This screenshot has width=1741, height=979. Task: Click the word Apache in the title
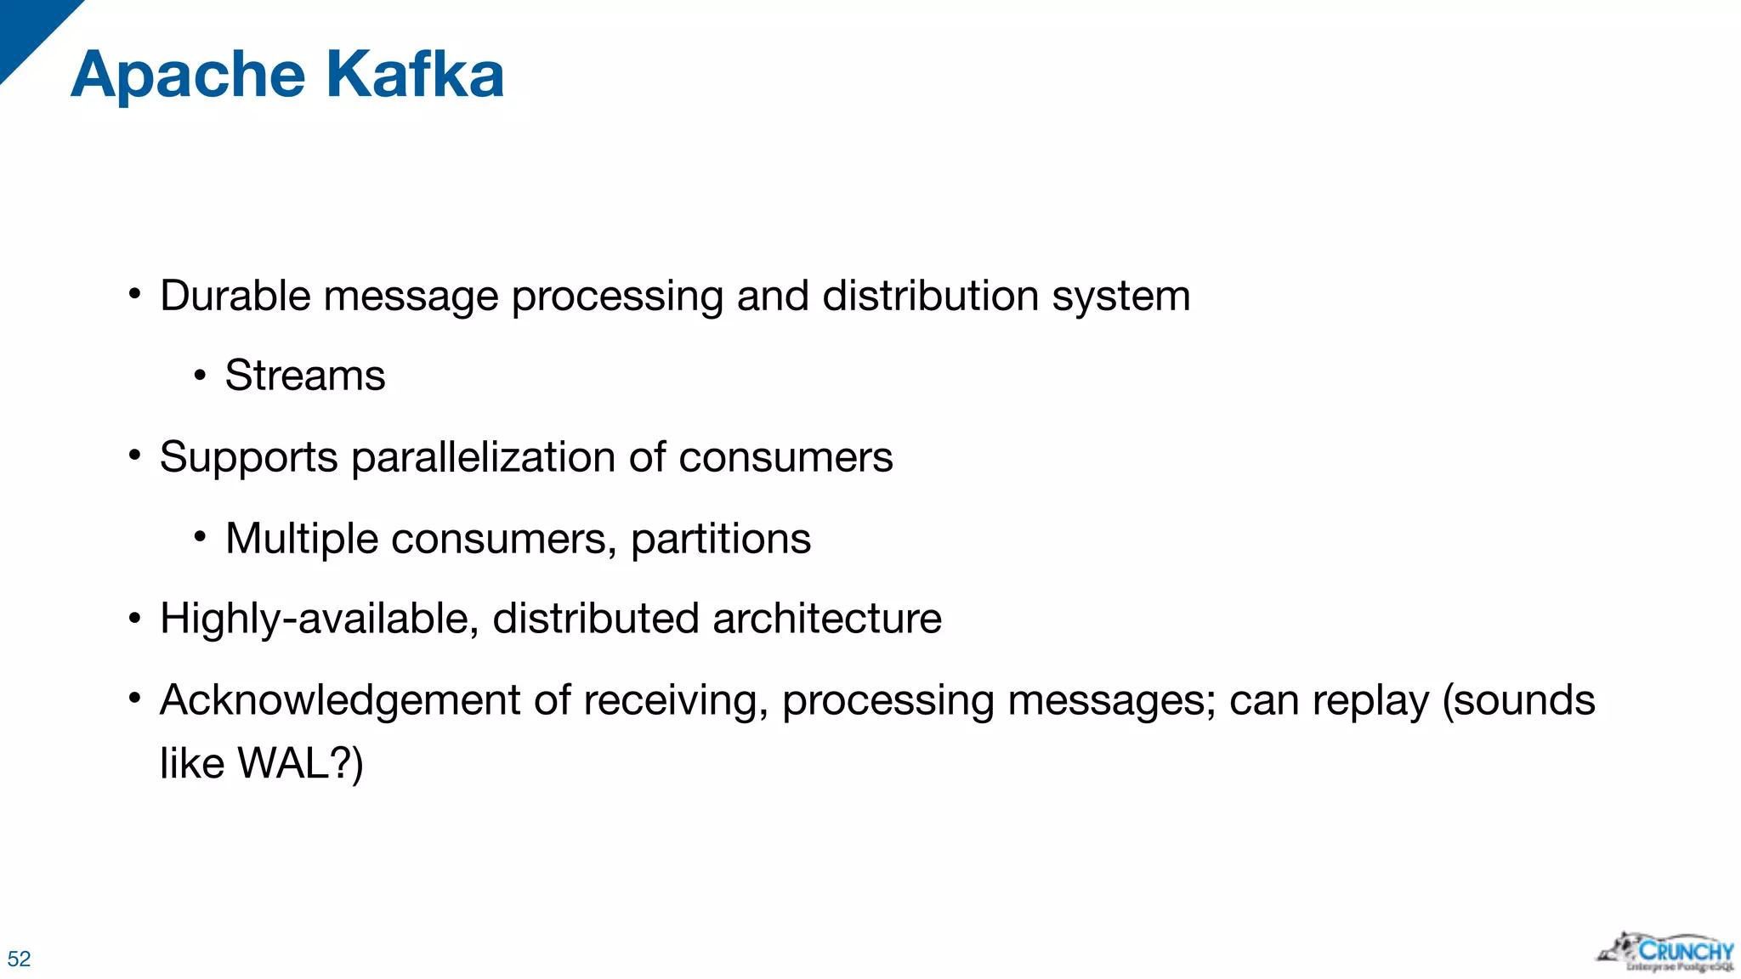pos(188,75)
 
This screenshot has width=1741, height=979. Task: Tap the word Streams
pos(305,376)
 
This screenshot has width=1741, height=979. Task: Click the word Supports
pos(249,458)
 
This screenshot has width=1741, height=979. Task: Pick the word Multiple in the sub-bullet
pos(301,539)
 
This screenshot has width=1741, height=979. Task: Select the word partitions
pos(721,539)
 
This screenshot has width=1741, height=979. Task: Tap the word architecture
pos(827,619)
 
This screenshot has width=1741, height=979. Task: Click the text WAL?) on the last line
pos(300,763)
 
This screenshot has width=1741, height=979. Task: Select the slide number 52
pos(19,959)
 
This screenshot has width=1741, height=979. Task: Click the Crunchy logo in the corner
pos(1667,953)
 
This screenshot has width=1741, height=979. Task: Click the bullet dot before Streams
pos(200,375)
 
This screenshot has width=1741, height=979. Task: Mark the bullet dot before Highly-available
pos(134,618)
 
